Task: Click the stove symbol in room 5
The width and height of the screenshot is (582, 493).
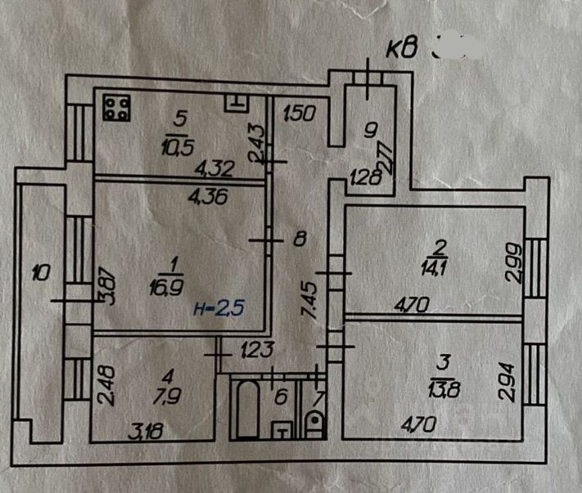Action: point(117,108)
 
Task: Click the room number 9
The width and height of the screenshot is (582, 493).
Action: point(370,129)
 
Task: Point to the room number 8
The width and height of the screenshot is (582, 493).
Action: point(299,240)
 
